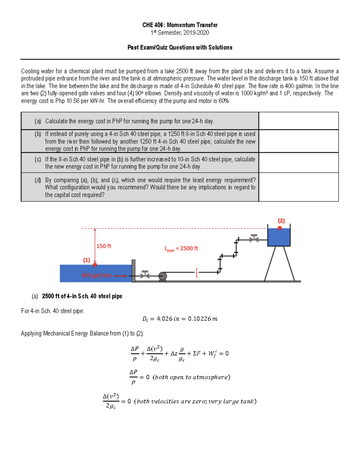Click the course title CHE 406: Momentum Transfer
click(x=180, y=25)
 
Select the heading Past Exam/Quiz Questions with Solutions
click(x=180, y=47)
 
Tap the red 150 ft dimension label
click(x=104, y=246)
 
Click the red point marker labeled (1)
click(x=95, y=265)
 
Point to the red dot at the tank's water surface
click(x=280, y=228)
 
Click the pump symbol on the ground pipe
click(x=163, y=276)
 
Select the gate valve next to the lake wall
click(x=145, y=274)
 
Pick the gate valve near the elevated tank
click(x=254, y=238)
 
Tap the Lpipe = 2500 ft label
click(x=181, y=249)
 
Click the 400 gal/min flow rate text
click(x=96, y=275)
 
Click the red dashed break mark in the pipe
click(x=196, y=272)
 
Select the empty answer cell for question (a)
click(x=298, y=121)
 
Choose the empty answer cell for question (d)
click(x=298, y=187)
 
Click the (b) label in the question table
click(x=38, y=134)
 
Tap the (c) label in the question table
click(x=38, y=159)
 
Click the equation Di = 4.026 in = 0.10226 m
click(x=180, y=319)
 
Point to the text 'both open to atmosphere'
click(x=191, y=377)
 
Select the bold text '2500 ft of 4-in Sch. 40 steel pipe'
click(x=82, y=296)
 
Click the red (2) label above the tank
click(x=281, y=221)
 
